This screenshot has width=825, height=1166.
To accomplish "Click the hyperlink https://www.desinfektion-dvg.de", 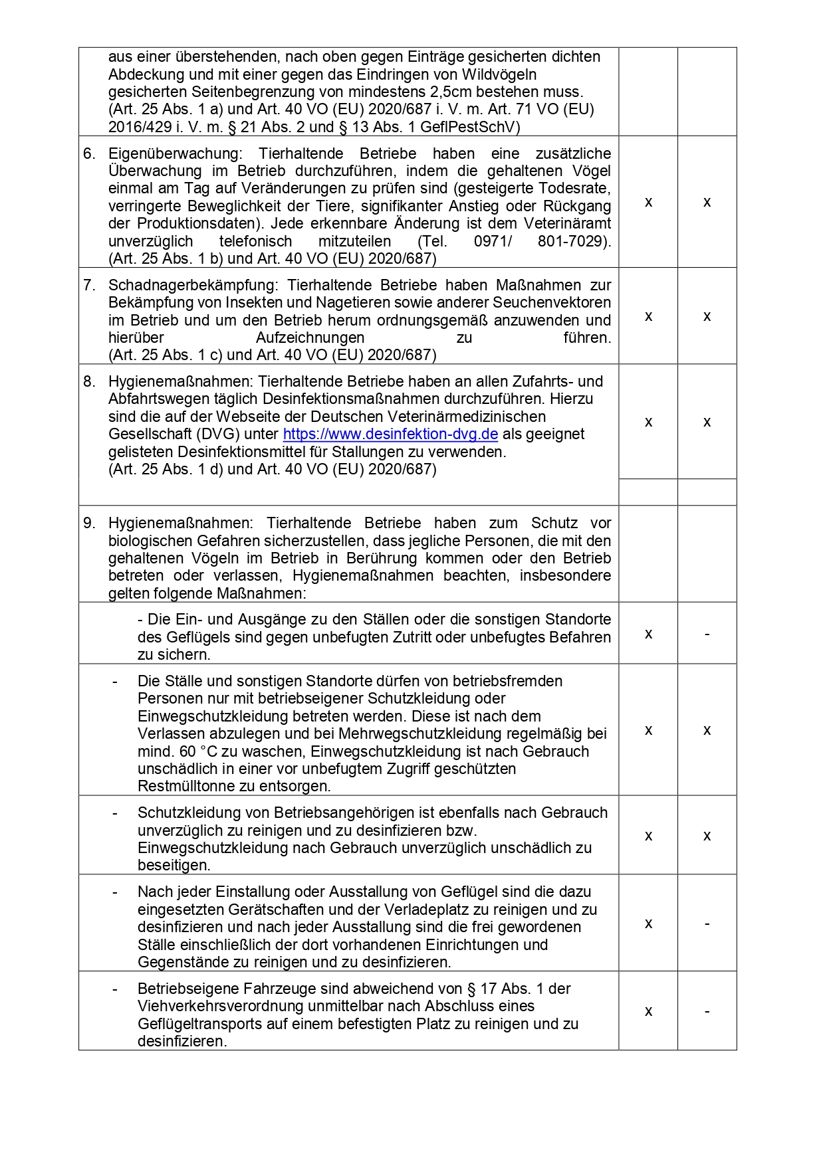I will (x=390, y=435).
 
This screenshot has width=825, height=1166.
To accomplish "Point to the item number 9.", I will (x=90, y=524).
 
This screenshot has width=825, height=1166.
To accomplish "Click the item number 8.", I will (x=90, y=382).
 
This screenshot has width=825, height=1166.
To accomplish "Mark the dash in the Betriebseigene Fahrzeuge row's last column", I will (x=707, y=1011).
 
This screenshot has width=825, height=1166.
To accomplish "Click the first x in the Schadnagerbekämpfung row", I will (x=648, y=316).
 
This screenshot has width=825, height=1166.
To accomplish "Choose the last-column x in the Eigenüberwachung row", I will (x=707, y=202).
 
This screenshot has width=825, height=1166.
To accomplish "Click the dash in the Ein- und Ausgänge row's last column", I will (x=707, y=634).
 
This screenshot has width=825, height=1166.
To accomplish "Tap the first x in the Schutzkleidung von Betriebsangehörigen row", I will (x=648, y=836).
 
